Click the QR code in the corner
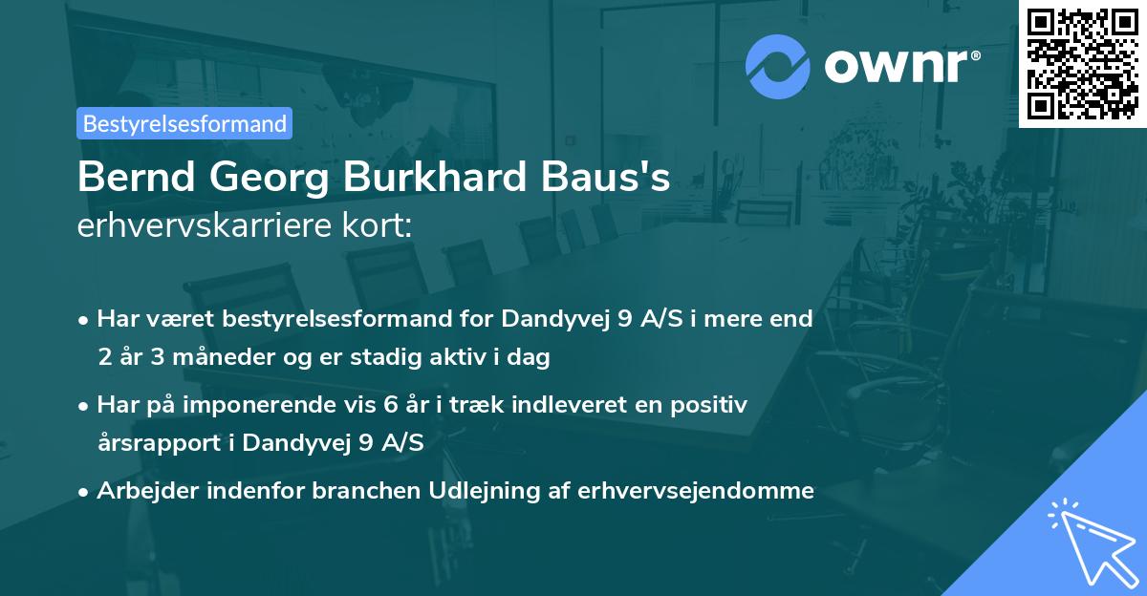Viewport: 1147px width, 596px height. click(x=1082, y=63)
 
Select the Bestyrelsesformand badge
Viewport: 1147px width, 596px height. click(x=184, y=123)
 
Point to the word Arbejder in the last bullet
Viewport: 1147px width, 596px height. click(x=147, y=491)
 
